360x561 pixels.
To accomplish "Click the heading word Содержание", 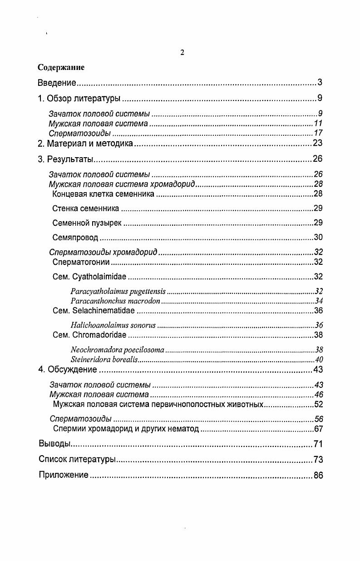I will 61,68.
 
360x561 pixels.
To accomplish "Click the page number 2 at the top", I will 182,53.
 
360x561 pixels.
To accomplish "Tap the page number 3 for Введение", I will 320,83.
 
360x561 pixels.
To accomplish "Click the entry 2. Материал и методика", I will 85,144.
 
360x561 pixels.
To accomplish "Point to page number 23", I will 317,144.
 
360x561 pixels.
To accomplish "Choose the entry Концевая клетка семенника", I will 104,194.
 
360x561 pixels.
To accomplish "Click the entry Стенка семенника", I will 86,209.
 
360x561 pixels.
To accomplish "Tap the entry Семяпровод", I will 75,238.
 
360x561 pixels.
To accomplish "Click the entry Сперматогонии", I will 81,262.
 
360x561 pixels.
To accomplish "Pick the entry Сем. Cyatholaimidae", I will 89,277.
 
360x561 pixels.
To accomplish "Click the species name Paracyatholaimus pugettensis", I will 118,291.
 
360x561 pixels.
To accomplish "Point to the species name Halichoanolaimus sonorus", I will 113,325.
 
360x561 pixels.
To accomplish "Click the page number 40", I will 319,359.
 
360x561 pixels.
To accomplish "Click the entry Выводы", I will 54,444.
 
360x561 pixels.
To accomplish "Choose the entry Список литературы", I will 77,460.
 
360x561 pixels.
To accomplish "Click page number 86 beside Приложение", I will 318,476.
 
